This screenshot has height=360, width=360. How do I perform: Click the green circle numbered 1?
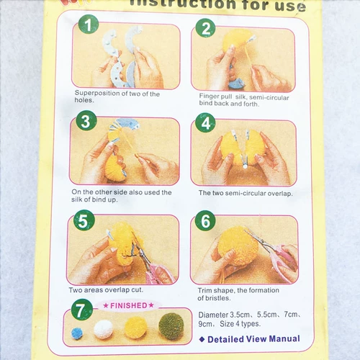point(89,24)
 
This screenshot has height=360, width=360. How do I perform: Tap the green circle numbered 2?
point(205,28)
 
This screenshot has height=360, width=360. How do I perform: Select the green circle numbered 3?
point(86,120)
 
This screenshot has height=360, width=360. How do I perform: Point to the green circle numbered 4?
point(205,122)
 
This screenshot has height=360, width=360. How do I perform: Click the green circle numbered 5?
point(84,220)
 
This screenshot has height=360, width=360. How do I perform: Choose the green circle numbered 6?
point(205,220)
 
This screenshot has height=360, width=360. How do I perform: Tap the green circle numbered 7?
point(82,310)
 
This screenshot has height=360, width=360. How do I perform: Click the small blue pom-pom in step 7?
point(77,333)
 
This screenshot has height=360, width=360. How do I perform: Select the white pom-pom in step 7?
point(104,329)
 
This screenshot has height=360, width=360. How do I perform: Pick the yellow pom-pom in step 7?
point(136,328)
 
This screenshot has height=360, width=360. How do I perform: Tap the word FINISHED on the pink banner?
point(129,305)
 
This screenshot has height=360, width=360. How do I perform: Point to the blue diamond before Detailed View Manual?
point(202,339)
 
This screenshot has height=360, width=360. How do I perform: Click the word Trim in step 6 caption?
point(204,290)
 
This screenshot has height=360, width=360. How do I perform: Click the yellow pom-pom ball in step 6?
point(237,247)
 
